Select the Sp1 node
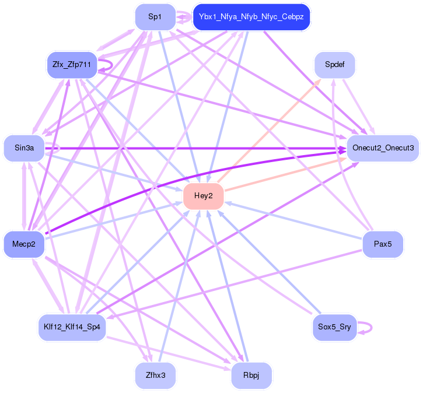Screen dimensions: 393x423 (x=155, y=17)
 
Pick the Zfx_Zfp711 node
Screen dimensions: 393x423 (x=72, y=64)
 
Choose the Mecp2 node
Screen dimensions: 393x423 (x=24, y=244)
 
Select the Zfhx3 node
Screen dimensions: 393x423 (x=155, y=376)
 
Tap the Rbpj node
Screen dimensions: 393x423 (x=251, y=376)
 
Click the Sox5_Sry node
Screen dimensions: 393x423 (x=334, y=327)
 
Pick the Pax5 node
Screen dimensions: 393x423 (x=382, y=244)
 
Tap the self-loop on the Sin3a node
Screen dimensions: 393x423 (x=59, y=149)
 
